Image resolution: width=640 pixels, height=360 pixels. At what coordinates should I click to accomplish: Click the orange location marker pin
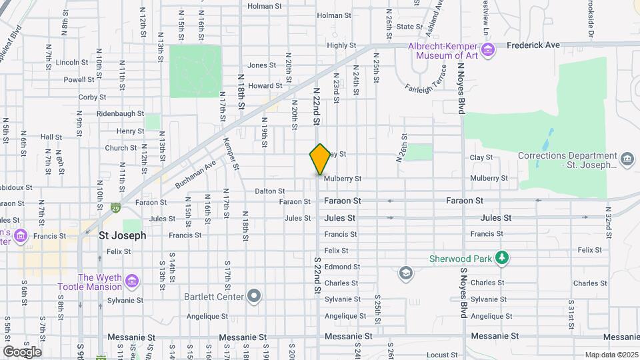[x=320, y=159]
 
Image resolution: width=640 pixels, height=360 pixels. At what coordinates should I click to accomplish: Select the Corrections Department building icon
[x=627, y=158]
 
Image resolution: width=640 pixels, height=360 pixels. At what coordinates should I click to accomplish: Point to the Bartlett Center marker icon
[x=253, y=296]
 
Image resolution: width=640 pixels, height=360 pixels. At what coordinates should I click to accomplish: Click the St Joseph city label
[x=122, y=235]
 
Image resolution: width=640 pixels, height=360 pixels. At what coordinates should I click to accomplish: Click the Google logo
[x=22, y=352]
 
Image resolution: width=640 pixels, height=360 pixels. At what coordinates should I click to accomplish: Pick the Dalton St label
[x=269, y=191]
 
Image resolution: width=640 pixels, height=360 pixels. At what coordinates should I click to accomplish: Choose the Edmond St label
[x=342, y=267]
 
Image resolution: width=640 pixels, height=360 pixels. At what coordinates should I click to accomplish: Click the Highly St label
[x=342, y=45]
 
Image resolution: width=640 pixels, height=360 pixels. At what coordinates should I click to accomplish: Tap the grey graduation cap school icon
[x=405, y=273]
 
